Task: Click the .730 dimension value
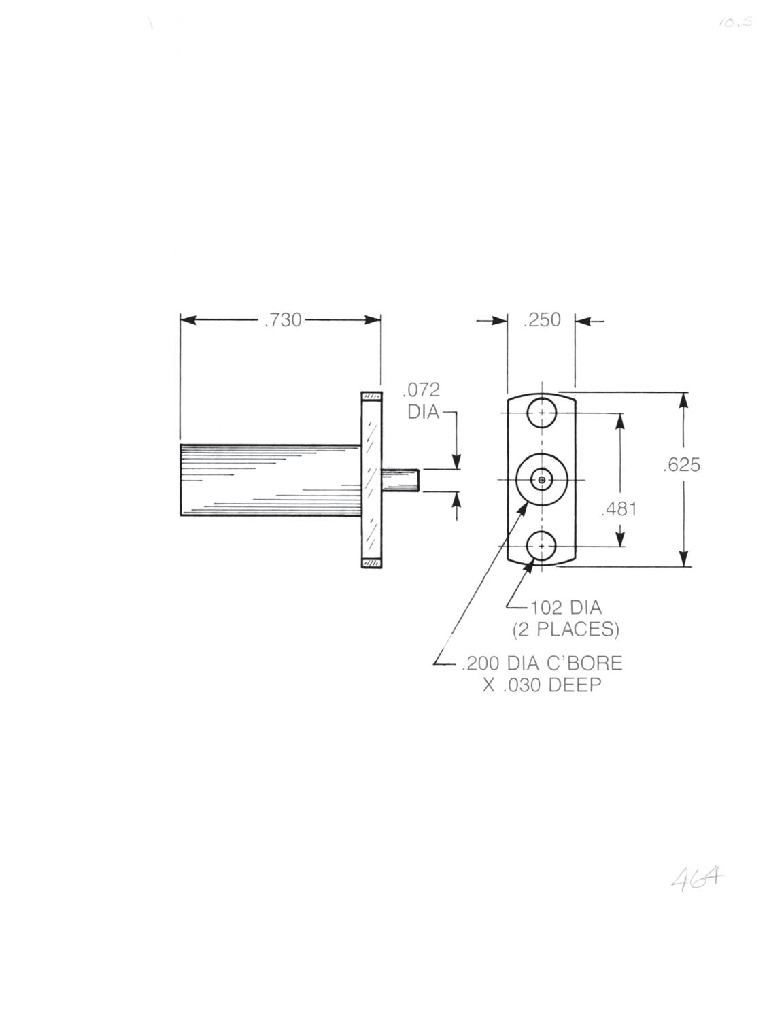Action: [x=283, y=320]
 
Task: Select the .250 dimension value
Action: [x=542, y=320]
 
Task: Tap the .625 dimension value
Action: [x=682, y=465]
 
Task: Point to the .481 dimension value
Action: [x=619, y=508]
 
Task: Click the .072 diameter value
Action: [x=422, y=390]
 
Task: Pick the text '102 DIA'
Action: [x=566, y=608]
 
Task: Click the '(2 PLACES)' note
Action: [x=566, y=629]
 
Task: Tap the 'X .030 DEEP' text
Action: [x=542, y=686]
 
